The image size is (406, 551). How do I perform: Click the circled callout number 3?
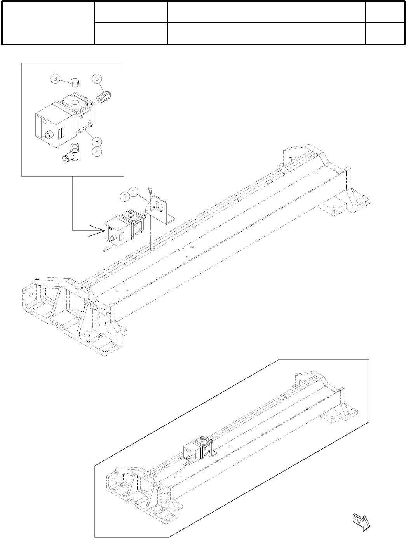point(56,79)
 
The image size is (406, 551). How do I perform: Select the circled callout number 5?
point(97,79)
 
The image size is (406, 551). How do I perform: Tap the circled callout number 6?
point(97,139)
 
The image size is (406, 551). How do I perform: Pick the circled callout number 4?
point(97,152)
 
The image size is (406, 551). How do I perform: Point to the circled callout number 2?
point(124,197)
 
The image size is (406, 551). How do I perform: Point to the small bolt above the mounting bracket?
point(150,189)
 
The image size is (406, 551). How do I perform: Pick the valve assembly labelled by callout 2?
point(124,227)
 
